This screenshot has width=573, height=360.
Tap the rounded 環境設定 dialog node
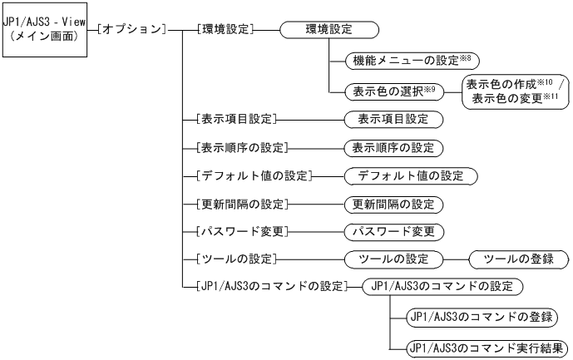[x=329, y=30]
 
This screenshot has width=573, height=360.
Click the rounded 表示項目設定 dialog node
[x=393, y=118]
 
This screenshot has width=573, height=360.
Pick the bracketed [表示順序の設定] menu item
[x=240, y=147]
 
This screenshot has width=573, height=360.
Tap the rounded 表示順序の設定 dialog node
[x=393, y=147]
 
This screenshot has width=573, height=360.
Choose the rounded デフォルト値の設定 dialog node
[x=411, y=176]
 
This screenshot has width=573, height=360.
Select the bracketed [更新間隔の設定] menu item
[x=240, y=205]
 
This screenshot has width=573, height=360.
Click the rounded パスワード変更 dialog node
[x=393, y=232]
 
